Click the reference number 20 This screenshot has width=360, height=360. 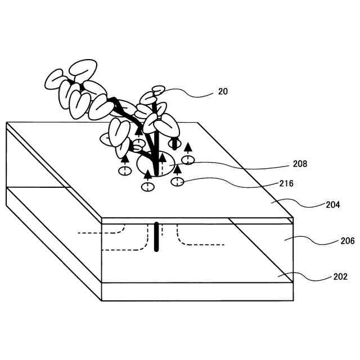[223, 91]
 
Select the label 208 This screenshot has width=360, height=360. [300, 164]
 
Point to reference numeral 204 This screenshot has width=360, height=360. [332, 205]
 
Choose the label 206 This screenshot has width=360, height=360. [347, 241]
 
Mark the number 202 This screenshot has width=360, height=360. [340, 276]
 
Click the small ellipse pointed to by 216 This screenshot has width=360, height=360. [178, 182]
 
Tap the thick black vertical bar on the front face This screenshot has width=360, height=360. [157, 237]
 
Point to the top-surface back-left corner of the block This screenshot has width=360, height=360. [6, 123]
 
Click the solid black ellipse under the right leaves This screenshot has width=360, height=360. [175, 144]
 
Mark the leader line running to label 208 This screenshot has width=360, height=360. [236, 164]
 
